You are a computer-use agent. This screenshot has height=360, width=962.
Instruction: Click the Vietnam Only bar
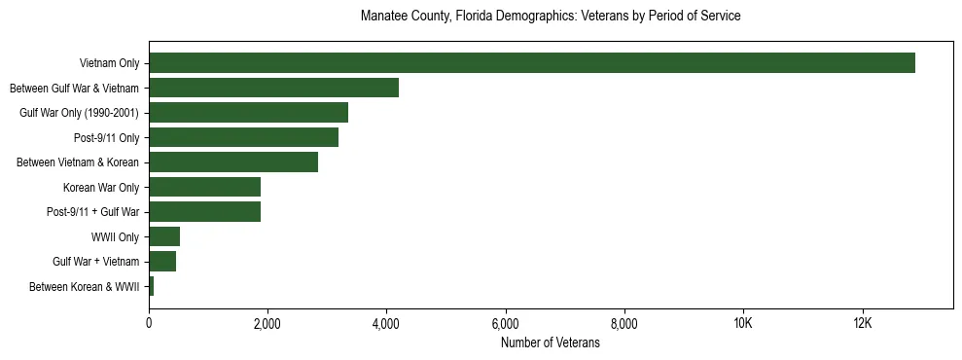[x=531, y=63]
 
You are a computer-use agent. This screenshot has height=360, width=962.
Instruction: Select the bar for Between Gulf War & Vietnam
[x=273, y=88]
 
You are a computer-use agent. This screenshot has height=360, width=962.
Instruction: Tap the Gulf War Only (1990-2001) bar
[x=248, y=113]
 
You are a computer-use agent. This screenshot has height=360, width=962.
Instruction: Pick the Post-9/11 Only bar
[x=243, y=137]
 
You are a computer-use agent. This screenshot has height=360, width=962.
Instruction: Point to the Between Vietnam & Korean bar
[x=233, y=162]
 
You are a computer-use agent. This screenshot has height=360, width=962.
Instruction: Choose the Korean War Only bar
[x=204, y=187]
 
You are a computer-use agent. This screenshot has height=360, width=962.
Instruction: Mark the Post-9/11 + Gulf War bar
[x=204, y=212]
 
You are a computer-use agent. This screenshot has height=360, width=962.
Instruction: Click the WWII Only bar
[x=164, y=236]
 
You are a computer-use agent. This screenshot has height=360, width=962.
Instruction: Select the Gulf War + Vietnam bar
[x=162, y=262]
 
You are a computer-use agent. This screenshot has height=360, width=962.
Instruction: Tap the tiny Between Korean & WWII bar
[x=152, y=286]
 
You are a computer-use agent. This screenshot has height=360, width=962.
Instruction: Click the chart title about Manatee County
[x=551, y=17]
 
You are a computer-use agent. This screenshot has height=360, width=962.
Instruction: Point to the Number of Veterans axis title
[x=551, y=343]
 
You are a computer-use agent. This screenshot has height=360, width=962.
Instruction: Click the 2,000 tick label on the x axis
[x=267, y=324]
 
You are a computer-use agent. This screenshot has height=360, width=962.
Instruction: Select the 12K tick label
[x=862, y=324]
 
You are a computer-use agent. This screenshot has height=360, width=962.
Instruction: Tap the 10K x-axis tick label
[x=743, y=324]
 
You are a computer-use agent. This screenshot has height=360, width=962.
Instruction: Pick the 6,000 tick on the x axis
[x=505, y=324]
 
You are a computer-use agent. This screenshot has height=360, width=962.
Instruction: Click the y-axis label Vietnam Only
[x=109, y=63]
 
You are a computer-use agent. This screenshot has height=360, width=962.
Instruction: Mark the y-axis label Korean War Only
[x=101, y=187]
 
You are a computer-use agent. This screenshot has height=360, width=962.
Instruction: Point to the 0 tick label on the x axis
[x=149, y=324]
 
